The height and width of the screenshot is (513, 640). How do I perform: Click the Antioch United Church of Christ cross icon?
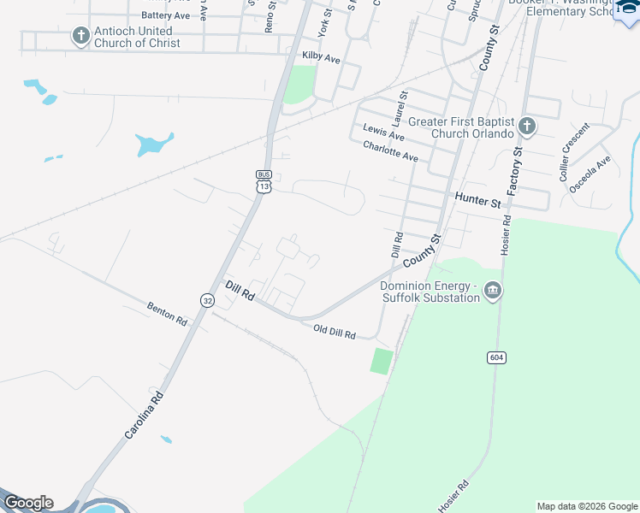[81, 36]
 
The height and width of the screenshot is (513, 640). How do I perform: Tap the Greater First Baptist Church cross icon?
[526, 127]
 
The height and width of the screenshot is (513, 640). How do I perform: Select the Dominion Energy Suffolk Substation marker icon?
[492, 292]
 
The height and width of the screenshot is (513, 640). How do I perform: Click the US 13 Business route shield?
[263, 181]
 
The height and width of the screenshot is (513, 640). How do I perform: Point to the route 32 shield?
[207, 300]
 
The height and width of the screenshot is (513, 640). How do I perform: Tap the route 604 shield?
[496, 357]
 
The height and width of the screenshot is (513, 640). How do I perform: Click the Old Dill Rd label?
[334, 332]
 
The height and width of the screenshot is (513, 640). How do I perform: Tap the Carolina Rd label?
[144, 416]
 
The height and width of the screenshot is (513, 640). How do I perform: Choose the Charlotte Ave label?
[390, 151]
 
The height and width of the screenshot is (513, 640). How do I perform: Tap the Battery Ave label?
[166, 15]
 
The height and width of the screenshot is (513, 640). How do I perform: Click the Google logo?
[28, 503]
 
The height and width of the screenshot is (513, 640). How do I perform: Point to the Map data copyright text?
[586, 506]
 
